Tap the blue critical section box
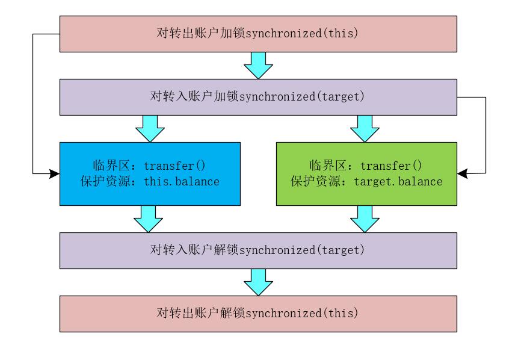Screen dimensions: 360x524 coord(150,173)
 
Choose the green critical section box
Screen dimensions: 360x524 coord(366,173)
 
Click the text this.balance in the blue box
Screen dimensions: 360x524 coord(182,181)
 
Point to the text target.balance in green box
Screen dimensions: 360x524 coord(398,181)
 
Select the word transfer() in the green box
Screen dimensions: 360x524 coord(392,166)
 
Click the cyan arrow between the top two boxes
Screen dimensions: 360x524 coord(259,65)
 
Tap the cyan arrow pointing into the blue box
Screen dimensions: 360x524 coord(150,128)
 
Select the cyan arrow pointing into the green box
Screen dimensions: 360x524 coord(365,128)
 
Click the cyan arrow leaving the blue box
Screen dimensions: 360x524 coord(148,219)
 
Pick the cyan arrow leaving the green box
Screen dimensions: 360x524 coord(365,219)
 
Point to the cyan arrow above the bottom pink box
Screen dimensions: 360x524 coord(259,282)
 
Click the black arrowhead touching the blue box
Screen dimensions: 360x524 coord(54,173)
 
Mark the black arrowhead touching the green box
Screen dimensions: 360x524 coord(463,173)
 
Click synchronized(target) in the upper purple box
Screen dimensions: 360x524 coord(302,96)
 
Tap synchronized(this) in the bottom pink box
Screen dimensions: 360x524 coord(302,313)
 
